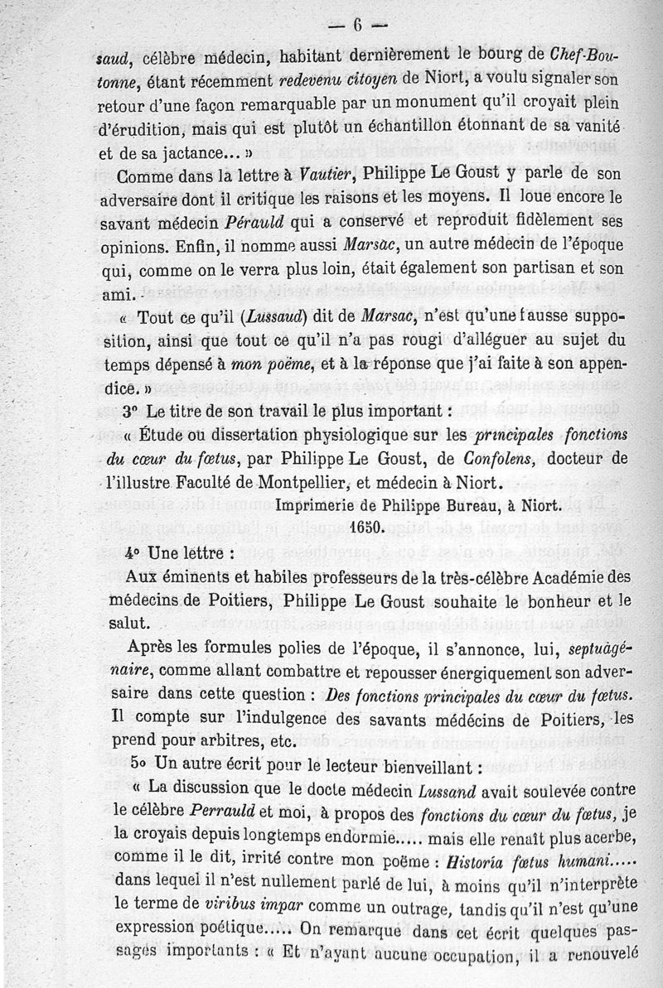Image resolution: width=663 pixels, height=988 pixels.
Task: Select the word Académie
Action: click(564, 576)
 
